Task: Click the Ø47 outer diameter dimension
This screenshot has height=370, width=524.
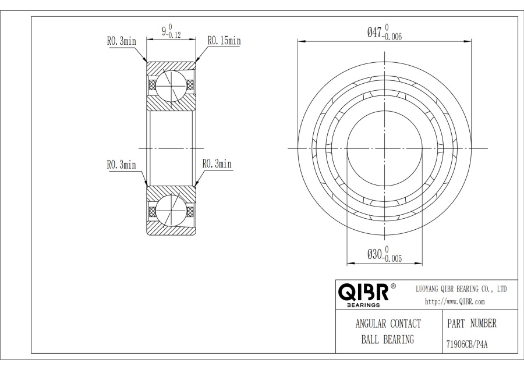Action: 384,33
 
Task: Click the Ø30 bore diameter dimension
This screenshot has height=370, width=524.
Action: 384,254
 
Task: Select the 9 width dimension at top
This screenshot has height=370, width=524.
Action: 171,31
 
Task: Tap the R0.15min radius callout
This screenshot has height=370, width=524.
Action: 224,41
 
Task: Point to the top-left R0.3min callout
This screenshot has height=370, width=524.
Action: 122,41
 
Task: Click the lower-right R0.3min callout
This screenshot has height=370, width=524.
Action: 217,164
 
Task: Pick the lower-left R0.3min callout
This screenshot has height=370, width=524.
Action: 122,165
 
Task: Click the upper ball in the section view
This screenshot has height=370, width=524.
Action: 171,86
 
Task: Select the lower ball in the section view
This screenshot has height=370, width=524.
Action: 171,210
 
